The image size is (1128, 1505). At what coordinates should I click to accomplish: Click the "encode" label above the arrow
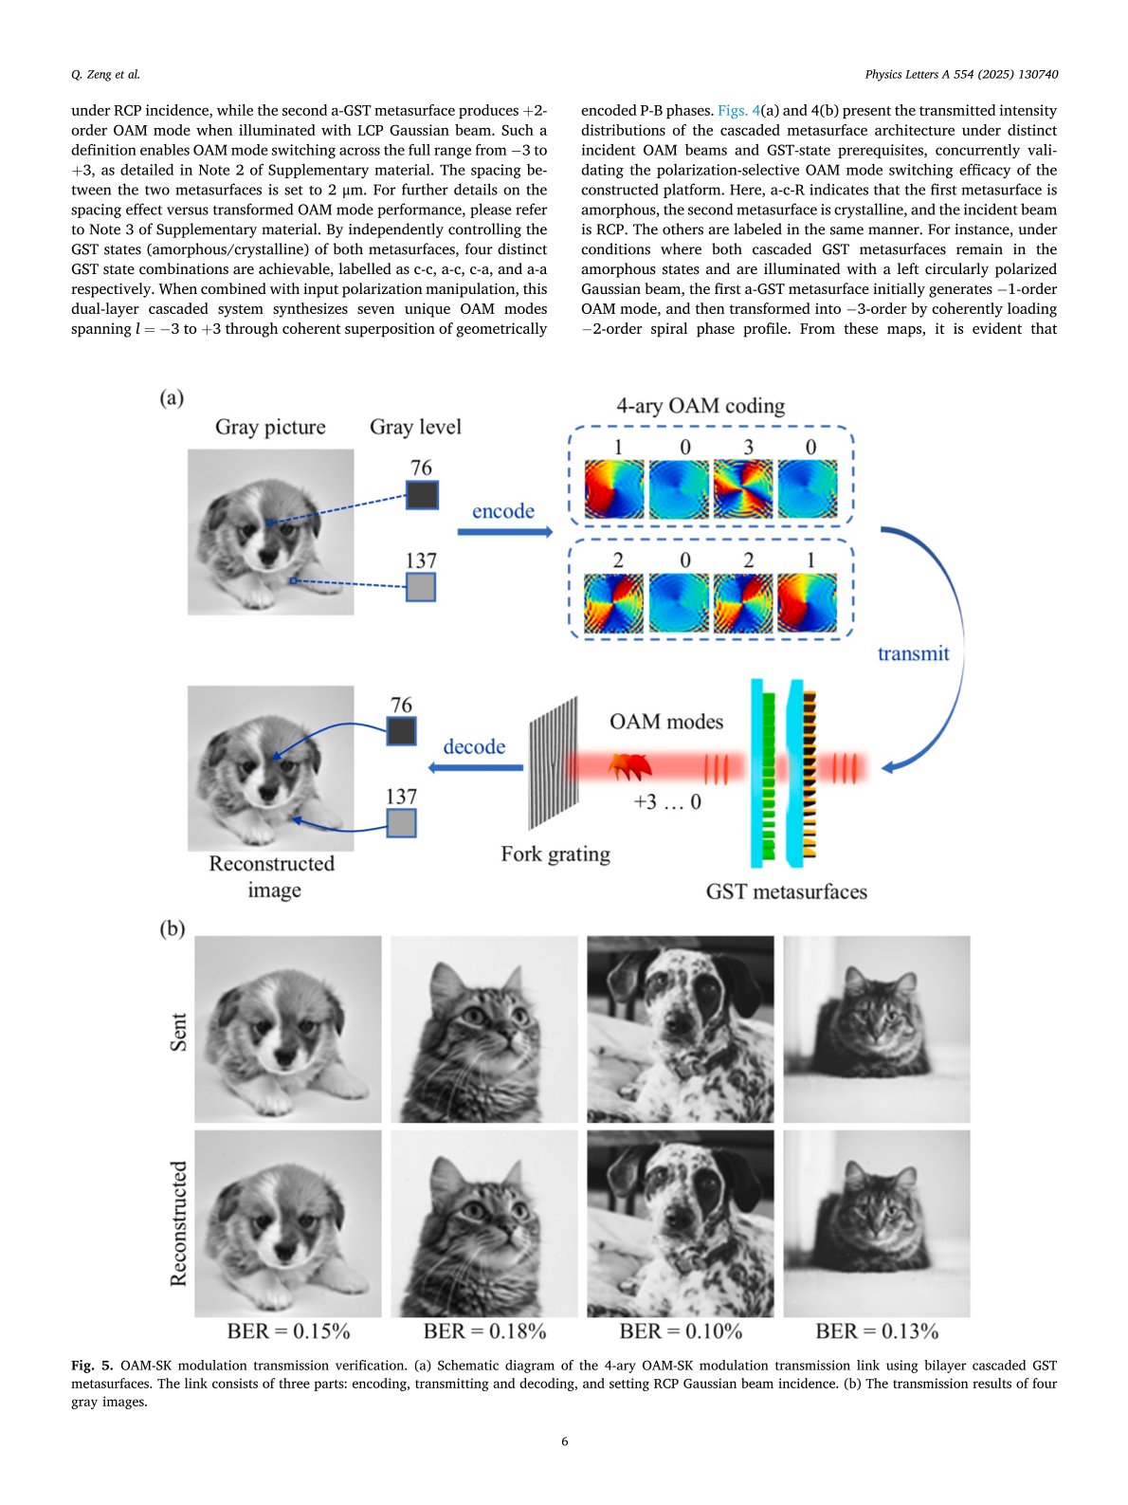point(502,511)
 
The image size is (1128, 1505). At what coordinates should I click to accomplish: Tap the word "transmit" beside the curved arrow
point(913,653)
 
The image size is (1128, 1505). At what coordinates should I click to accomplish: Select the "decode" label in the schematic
point(474,746)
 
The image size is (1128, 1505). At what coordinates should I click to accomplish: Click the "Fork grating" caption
point(555,854)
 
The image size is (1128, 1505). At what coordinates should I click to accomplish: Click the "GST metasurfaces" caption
point(786,891)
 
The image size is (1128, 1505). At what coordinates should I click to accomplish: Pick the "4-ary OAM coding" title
point(700,406)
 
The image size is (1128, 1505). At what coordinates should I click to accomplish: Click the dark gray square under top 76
point(422,495)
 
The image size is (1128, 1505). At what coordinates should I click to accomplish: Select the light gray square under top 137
point(421,587)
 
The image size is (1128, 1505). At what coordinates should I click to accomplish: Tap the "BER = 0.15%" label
point(288,1331)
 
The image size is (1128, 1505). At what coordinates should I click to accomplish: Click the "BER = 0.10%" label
point(681,1331)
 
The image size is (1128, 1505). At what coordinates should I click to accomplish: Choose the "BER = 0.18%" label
point(484,1331)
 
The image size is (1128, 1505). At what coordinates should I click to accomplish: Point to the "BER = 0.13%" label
point(877,1331)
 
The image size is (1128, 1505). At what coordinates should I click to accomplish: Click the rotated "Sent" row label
point(178,1032)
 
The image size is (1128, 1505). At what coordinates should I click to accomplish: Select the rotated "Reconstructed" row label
point(178,1223)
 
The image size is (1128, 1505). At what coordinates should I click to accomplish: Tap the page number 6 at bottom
point(565,1441)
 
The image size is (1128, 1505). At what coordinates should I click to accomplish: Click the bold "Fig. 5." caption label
point(92,1366)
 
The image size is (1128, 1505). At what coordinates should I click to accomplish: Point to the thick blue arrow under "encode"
point(504,532)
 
